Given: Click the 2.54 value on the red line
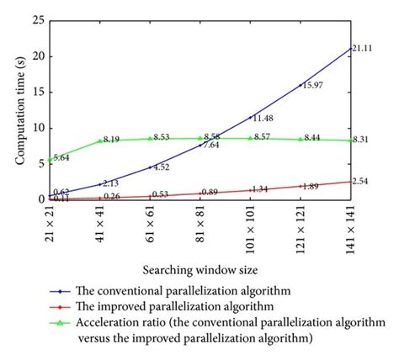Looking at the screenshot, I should coord(361,181).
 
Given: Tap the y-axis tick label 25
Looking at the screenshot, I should coord(38,20).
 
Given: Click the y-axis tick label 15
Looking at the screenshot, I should coord(38,92).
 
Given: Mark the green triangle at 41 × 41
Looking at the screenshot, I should coord(100,140).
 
